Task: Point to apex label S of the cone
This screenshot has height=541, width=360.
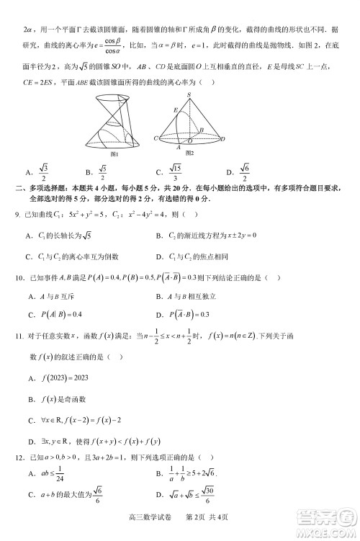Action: [x=189, y=95]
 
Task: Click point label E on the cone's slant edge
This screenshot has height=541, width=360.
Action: [x=174, y=109]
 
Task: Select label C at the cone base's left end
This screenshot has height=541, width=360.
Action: [x=156, y=138]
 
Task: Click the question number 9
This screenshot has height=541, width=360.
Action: [x=28, y=215]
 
